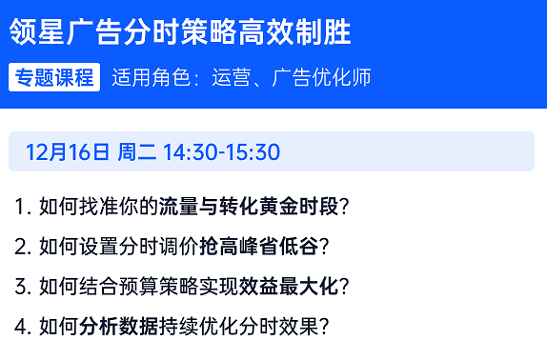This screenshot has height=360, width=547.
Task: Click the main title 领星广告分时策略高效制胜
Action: tap(180, 33)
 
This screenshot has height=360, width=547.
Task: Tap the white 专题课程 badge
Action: tap(54, 78)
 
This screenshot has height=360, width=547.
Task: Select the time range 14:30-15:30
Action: tap(221, 152)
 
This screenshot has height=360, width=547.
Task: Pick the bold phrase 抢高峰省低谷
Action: tap(258, 246)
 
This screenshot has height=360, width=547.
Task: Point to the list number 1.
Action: tap(21, 206)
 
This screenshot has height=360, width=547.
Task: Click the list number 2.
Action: tap(22, 246)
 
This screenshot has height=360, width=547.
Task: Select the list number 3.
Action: tap(22, 286)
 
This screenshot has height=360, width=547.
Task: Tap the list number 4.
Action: tap(22, 326)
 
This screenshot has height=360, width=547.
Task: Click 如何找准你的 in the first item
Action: tap(98, 206)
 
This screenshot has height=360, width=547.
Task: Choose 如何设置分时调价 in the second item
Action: tap(118, 246)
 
